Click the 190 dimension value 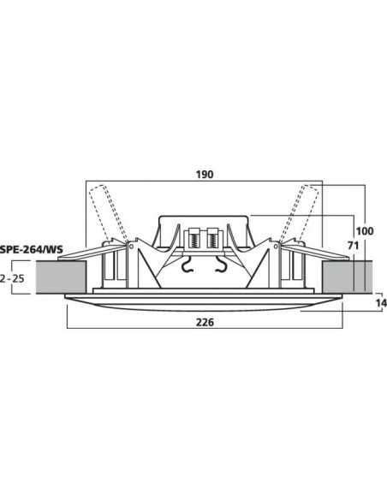205,175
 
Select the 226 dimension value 205,323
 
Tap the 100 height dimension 365,230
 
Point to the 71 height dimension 353,246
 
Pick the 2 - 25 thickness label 12,279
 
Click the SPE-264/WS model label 32,249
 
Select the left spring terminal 193,237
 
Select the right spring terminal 212,237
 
